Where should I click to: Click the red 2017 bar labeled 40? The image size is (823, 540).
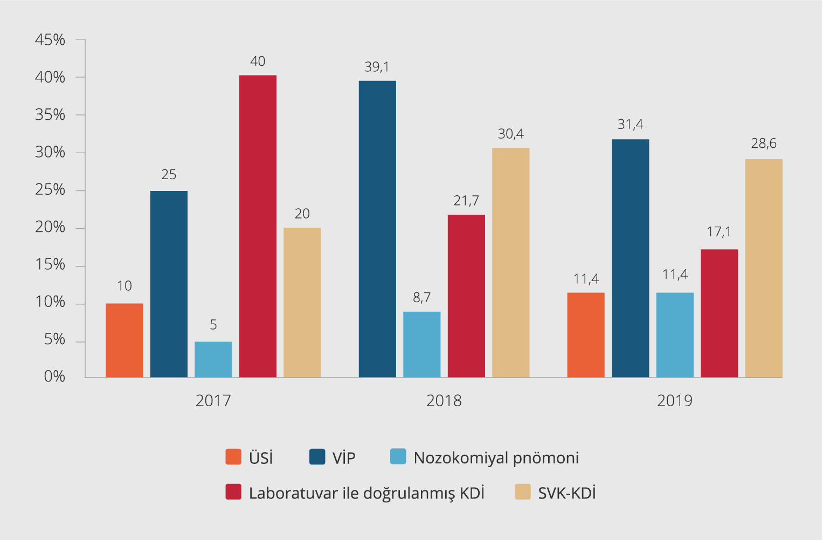258,227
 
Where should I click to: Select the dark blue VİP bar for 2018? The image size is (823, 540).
377,229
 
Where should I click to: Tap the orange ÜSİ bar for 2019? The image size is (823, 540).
586,335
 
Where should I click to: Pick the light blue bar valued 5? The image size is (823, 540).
213,359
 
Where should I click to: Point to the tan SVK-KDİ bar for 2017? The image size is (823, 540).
302,303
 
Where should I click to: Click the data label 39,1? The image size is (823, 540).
377,67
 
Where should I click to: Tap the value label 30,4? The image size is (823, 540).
510,134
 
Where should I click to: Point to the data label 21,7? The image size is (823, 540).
466,201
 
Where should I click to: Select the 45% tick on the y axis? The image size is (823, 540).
50,40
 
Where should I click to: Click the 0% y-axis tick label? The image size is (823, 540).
54,377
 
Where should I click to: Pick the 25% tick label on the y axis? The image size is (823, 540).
50,190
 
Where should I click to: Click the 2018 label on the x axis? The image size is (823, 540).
444,401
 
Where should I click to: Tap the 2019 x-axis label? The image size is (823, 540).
675,401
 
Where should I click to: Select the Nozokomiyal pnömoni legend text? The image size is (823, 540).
496,458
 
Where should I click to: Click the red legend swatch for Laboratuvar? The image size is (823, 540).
233,492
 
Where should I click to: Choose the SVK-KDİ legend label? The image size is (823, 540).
567,493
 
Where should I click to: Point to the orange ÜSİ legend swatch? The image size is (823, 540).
233,457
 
